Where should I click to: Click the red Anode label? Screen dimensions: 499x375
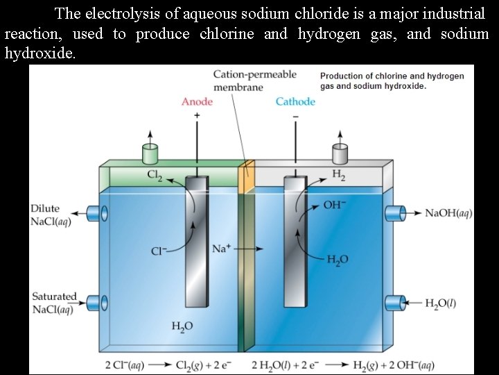[x=197, y=102]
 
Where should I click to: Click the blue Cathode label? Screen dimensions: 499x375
[x=295, y=102]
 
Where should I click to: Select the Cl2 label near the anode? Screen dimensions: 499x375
[x=155, y=175]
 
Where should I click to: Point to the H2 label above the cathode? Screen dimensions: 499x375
[x=339, y=175]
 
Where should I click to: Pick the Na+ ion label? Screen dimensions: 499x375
[x=221, y=248]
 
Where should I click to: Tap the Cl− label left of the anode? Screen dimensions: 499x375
[x=159, y=251]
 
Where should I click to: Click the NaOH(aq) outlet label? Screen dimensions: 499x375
[x=448, y=212]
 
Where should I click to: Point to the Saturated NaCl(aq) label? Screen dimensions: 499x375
[x=53, y=303]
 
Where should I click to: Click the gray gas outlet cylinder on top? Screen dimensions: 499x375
[x=340, y=153]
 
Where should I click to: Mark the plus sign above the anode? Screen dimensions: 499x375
[x=198, y=115]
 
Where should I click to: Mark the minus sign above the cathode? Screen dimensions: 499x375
[x=296, y=115]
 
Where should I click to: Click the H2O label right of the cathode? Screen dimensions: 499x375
[x=338, y=260]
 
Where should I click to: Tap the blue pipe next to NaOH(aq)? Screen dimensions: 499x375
[x=395, y=212]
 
